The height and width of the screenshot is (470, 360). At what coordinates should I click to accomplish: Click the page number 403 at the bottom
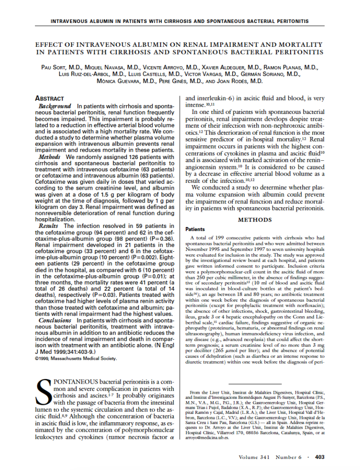click(x=320, y=457)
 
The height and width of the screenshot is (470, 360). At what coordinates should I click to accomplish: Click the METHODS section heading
click(x=254, y=220)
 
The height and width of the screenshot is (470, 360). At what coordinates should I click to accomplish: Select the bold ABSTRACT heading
click(x=50, y=98)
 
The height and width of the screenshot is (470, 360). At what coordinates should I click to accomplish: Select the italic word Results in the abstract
click(x=48, y=226)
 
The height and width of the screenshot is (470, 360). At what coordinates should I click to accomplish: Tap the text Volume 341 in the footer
click(x=255, y=457)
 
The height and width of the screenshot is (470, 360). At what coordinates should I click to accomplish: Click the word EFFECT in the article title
click(x=50, y=45)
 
